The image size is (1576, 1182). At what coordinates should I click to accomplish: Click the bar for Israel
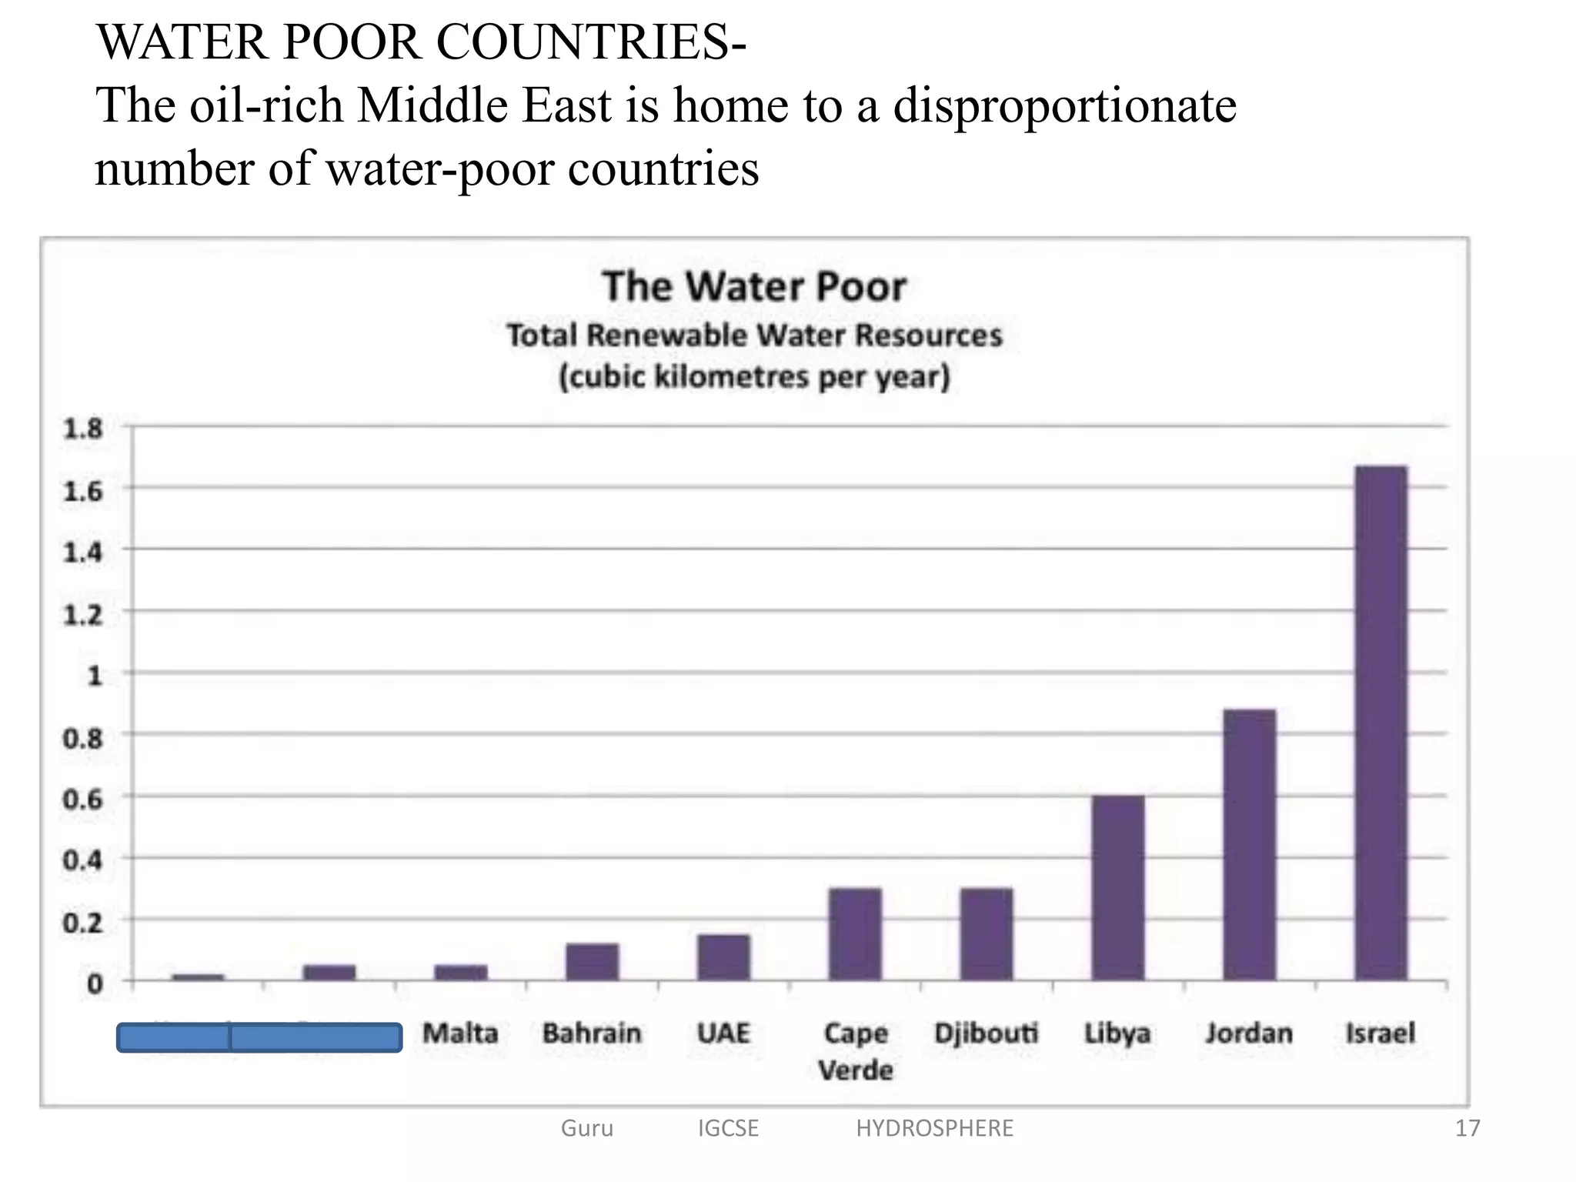(1381, 723)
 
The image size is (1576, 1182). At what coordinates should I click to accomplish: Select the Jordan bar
(1249, 844)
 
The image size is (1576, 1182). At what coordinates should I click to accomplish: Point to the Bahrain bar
(592, 961)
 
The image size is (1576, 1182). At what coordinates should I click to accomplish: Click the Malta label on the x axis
(460, 1033)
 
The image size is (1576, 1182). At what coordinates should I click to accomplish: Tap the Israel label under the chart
(1380, 1033)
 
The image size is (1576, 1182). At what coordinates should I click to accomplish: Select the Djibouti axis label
(986, 1033)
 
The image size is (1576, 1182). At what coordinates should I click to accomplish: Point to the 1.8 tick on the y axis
(82, 429)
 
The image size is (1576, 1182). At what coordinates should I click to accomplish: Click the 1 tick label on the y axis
(95, 676)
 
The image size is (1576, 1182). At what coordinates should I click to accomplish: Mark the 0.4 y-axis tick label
(82, 860)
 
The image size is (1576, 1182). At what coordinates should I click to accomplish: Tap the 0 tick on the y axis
(95, 983)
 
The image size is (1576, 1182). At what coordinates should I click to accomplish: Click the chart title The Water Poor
(754, 287)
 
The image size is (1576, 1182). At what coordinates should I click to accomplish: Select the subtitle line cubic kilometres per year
(754, 377)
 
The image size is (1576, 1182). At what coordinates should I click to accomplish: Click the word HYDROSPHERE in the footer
(934, 1128)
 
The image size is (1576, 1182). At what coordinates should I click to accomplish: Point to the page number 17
(1467, 1128)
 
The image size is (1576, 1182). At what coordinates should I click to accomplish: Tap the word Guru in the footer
(587, 1128)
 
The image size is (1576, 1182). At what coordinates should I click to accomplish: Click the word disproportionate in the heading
(1065, 105)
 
